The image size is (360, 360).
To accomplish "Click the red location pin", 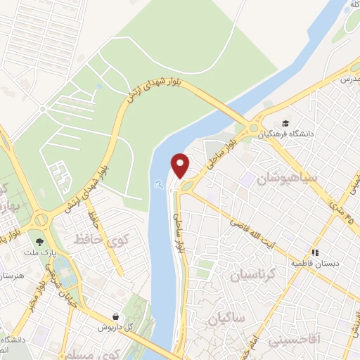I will coord(181,165).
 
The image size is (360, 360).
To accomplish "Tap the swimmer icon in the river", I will coord(161,184).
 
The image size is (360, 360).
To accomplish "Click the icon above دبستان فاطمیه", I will coord(316,252).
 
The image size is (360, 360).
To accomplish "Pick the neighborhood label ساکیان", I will coord(226,320).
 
